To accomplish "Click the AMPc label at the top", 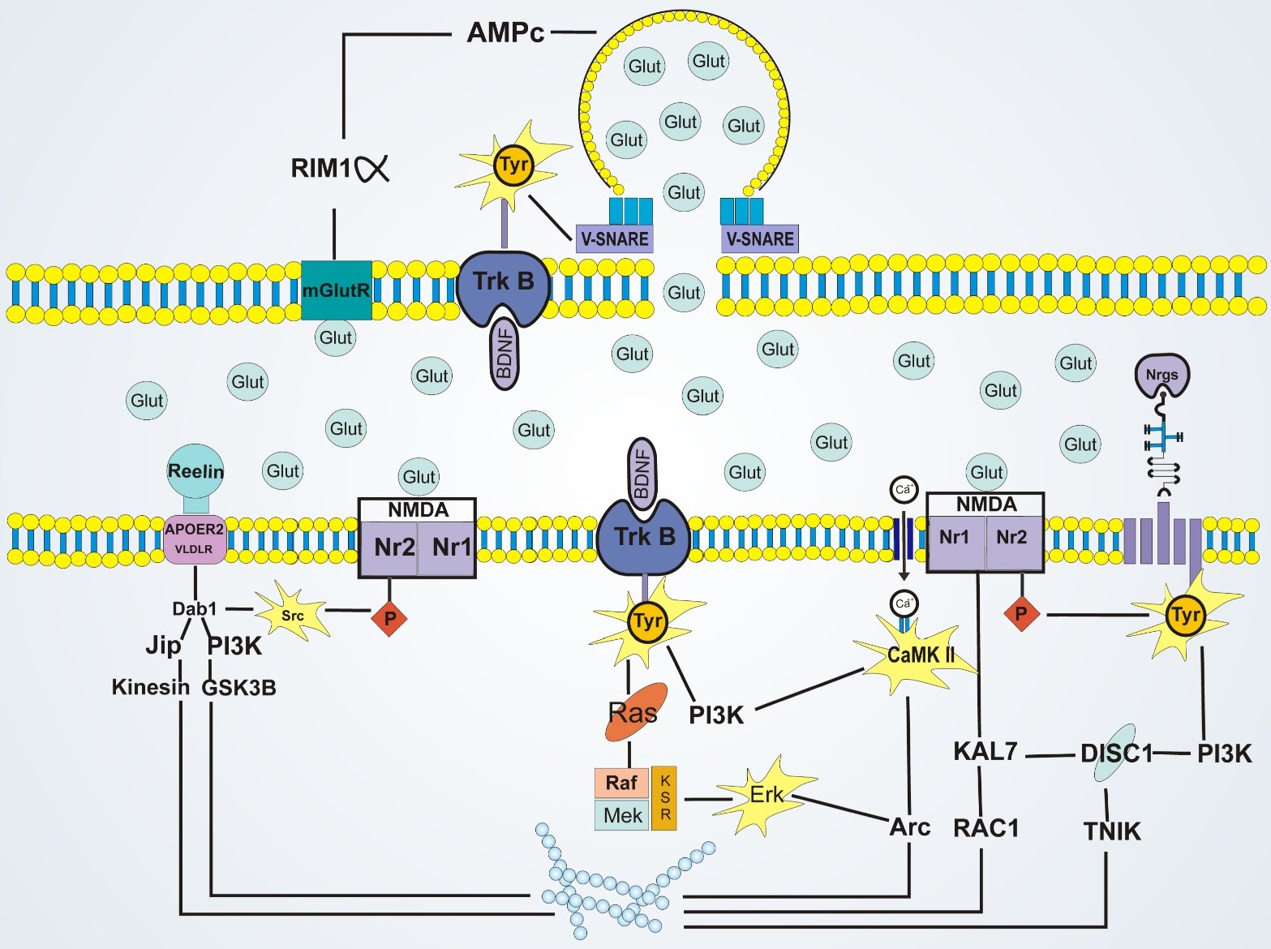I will pos(505,32).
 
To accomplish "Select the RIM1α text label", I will pos(339,168).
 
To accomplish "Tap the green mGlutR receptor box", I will pos(336,290).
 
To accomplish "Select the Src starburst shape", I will pos(292,616).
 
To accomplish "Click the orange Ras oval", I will pos(635,712).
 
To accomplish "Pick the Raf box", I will pos(621,783).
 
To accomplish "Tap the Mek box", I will pos(622,815).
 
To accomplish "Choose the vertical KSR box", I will pos(664,797).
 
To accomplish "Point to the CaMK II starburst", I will pos(920,655).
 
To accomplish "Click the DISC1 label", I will pos(1116,754).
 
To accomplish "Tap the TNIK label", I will pos(1112,831).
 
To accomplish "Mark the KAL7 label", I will pos(985,752).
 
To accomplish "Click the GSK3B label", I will pos(238,688).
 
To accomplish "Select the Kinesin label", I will pos(150,687).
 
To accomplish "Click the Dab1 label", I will pos(195,608).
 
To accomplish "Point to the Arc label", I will pos(909,827).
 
